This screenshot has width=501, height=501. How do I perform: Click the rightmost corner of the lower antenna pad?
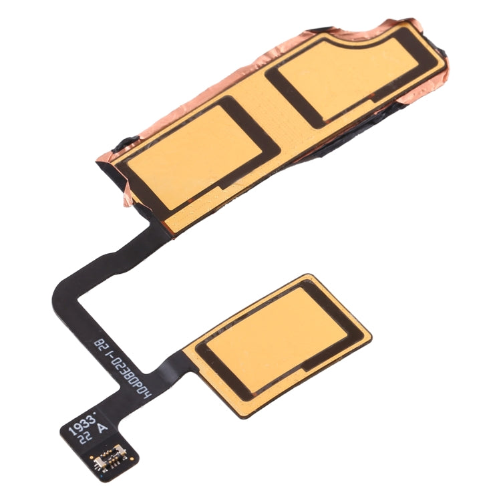coord(370,330)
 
